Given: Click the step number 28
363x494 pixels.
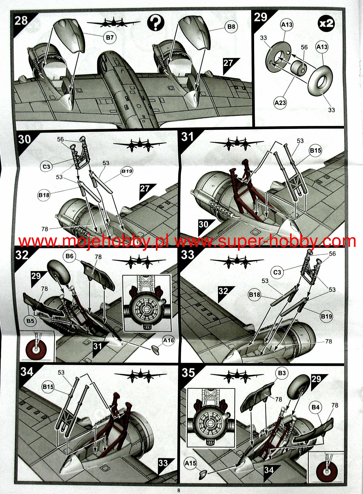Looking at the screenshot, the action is point(21,20).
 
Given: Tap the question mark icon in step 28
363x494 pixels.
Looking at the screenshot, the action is point(155,23).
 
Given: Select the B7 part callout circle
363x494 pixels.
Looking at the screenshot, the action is point(110,37).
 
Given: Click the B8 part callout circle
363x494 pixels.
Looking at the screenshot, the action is point(231,26).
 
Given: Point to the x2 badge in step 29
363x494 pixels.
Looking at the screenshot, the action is point(326,23).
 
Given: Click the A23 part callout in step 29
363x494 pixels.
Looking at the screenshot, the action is point(280,103).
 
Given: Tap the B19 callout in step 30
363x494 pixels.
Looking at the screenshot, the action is point(127,171).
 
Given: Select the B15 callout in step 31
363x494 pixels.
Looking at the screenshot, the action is point(316,150).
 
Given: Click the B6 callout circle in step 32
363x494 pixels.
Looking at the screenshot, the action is point(69,256).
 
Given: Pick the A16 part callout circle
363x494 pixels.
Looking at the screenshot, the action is point(168,340).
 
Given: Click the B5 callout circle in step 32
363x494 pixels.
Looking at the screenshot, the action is point(30,321).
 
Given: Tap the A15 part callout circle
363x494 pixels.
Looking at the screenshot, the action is point(190,463).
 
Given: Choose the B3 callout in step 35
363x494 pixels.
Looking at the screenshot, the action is point(282,373).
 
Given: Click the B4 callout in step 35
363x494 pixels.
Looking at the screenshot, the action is point(316,407).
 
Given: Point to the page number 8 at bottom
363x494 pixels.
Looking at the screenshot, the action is point(179,490).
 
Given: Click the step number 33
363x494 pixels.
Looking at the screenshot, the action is point(188,255).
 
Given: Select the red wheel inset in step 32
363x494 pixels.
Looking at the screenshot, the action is point(37,346).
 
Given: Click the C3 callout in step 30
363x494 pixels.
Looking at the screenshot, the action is point(46,167).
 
